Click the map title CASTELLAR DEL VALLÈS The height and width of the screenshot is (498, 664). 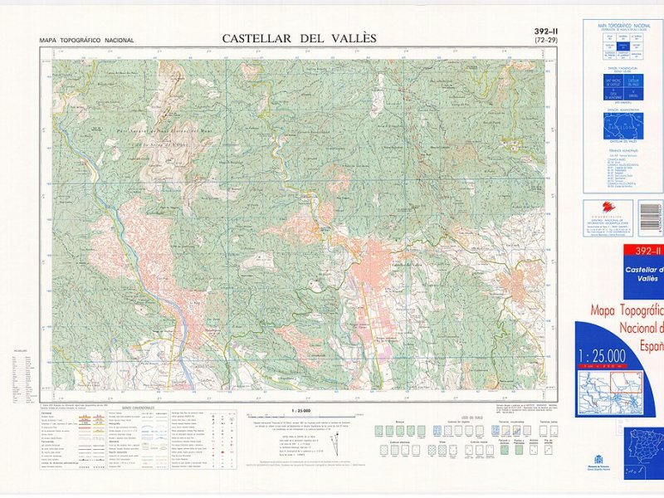299,37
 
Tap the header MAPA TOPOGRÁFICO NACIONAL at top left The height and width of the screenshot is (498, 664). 86,41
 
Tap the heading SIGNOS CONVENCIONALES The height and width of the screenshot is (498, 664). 138,408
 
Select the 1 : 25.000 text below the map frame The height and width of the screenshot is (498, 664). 301,411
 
